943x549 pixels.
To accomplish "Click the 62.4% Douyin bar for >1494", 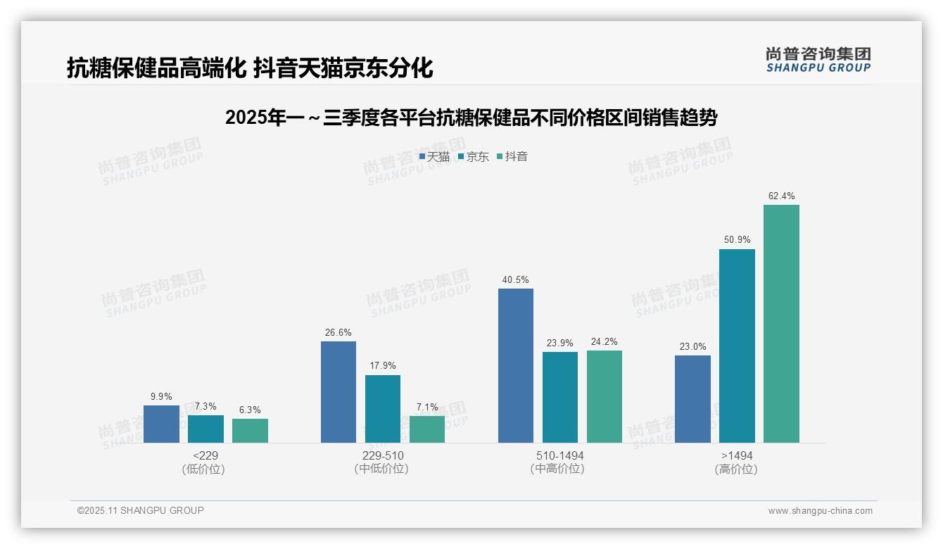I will pos(781,324).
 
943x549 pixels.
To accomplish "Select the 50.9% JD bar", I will pos(737,346).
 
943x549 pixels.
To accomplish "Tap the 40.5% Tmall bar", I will pos(516,365).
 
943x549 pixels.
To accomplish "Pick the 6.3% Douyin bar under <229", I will pos(250,431).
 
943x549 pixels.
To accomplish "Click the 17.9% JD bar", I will pos(383,409).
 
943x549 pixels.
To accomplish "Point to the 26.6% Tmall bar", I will pos(338,392).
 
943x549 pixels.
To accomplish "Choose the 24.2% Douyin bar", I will pos(605,396).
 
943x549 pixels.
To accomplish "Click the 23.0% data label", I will pos(693,346).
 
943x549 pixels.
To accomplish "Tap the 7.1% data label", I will pos(427,407).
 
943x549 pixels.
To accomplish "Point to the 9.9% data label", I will pos(161,396).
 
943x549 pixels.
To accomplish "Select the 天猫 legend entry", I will pos(434,157).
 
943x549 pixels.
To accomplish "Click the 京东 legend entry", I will pos(473,157).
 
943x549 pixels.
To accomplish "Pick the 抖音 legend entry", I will pos(512,157).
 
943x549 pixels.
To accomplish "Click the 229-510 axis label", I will pos(383,456).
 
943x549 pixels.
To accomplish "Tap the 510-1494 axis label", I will pos(559,456).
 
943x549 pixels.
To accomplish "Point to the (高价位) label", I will pos(736,469).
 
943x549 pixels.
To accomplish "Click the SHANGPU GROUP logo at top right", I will pos(818,59).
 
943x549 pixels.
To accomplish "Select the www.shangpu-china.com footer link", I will pos(820,511).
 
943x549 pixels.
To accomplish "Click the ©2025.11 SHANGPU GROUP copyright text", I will pos(141,510).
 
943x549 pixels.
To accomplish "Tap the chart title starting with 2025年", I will pos(471,118).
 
